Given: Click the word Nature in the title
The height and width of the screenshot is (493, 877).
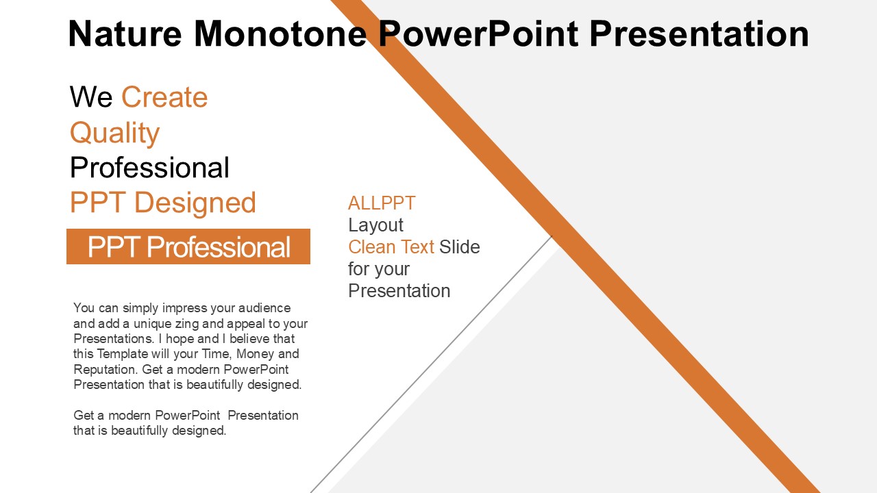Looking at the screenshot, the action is point(125,34).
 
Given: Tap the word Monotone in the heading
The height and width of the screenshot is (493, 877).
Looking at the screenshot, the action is point(280,34).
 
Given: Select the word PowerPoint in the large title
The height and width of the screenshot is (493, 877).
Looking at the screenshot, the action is point(478,34).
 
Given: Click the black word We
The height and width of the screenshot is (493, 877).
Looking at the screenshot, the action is point(91,97).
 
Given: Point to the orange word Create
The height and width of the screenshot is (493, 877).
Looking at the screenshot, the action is point(164,97).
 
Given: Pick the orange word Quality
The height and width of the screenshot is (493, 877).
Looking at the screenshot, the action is point(114,134).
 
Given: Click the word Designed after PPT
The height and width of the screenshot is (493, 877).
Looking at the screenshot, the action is point(195,203).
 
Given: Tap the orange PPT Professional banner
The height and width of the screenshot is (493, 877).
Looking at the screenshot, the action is point(188,246).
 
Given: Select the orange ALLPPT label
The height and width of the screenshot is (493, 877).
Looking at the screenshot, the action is point(382,203).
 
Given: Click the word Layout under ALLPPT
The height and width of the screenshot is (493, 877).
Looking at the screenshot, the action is point(375,226).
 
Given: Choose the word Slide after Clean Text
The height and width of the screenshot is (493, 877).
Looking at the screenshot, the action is point(459,247).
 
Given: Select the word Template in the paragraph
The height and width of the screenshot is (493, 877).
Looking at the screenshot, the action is point(123,354).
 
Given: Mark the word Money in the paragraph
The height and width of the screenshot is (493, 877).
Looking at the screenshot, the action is point(256,354).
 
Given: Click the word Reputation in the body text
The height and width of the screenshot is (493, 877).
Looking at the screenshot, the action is point(106,370).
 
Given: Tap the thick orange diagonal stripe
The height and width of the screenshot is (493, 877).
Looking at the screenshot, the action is point(576,246).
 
